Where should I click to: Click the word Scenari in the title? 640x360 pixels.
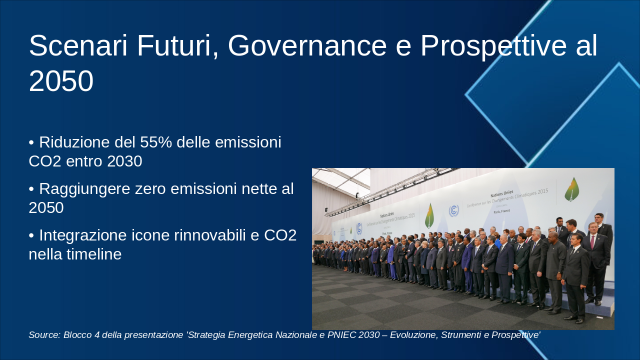pyautogui.click(x=78, y=45)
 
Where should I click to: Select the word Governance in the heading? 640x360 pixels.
pyautogui.click(x=307, y=45)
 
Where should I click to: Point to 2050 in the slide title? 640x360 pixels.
pyautogui.click(x=61, y=81)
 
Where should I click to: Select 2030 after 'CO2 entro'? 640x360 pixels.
pyautogui.click(x=124, y=161)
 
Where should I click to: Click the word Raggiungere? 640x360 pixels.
pyautogui.click(x=84, y=189)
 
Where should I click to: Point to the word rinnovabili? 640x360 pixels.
pyautogui.click(x=210, y=235)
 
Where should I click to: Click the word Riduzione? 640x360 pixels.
pyautogui.click(x=74, y=142)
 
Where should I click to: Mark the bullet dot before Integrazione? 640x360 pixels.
pyautogui.click(x=31, y=235)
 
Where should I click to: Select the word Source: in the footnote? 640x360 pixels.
pyautogui.click(x=44, y=335)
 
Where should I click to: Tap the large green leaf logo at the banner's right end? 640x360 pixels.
pyautogui.click(x=572, y=189)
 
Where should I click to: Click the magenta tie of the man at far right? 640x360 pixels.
pyautogui.click(x=592, y=242)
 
